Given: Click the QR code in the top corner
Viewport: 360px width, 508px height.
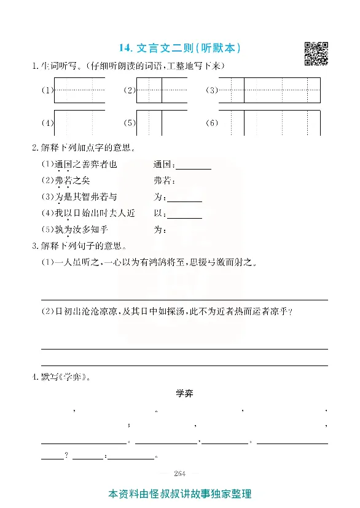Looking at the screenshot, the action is [316, 53].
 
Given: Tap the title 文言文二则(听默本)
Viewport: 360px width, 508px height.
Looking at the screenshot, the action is [180, 47].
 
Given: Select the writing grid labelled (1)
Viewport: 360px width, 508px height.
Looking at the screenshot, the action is [79, 90].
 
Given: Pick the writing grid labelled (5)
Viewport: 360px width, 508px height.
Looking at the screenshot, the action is [149, 122].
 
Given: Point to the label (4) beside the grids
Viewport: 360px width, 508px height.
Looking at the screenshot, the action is [47, 123].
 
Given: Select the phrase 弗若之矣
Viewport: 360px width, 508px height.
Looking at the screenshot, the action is [76, 181].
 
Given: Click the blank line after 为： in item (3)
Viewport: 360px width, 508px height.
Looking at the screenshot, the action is [184, 198].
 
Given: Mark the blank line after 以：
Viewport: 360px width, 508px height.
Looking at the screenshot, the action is [184, 214].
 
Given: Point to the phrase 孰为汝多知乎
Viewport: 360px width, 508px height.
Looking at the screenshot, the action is [79, 230].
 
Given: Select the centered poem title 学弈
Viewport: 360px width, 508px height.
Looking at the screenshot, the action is [184, 393].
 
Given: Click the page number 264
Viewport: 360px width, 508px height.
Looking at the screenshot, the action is [180, 472].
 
